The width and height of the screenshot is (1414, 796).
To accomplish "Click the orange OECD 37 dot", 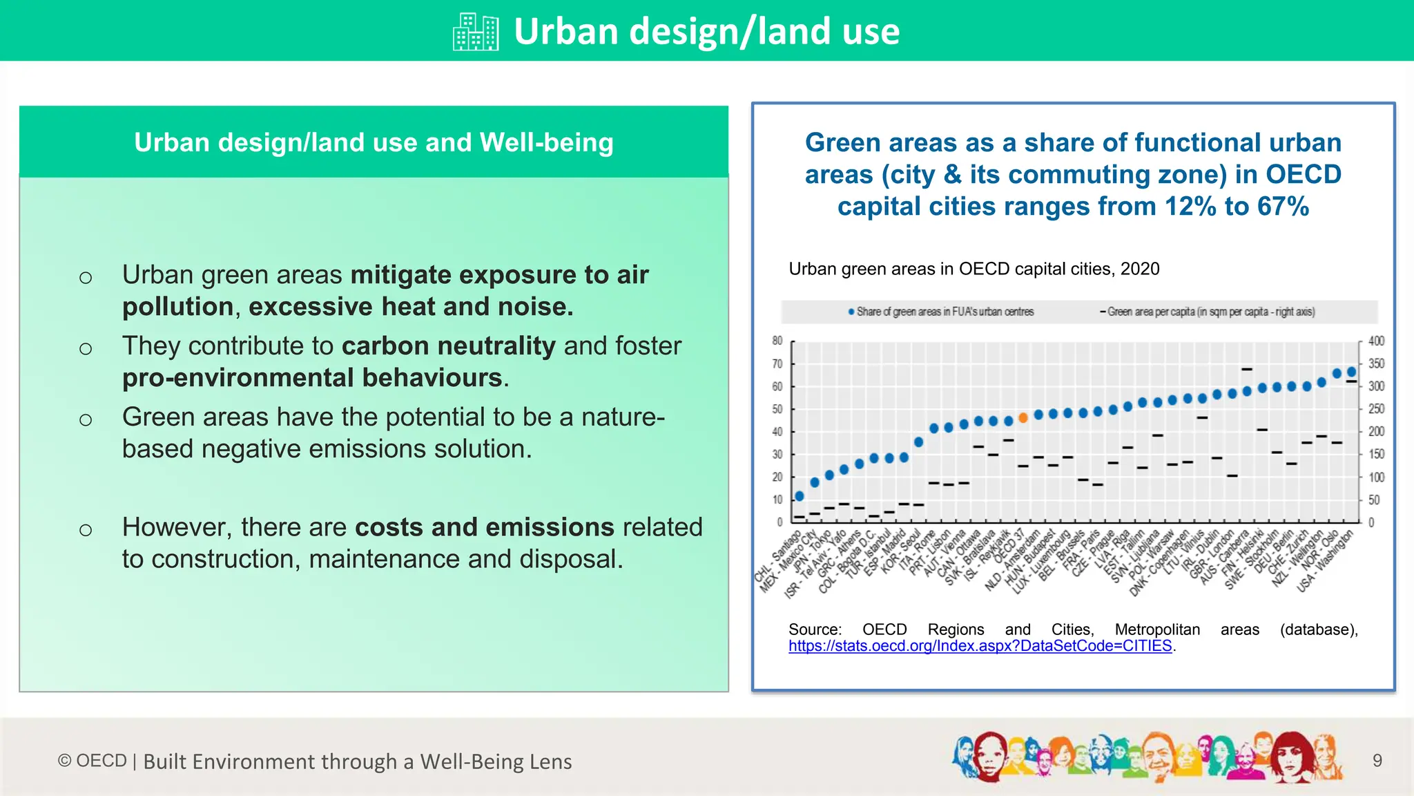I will click(x=1023, y=417).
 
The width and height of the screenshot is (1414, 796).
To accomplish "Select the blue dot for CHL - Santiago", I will click(x=800, y=496).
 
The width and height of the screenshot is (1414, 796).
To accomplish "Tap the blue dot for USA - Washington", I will click(x=1352, y=372).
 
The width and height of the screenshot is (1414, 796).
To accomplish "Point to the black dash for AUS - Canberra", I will click(x=1247, y=369).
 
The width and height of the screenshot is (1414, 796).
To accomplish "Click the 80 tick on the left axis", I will click(x=777, y=341).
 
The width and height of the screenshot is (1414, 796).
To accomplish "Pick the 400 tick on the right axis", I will click(x=1376, y=341).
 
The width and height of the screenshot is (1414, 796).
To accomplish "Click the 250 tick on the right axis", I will click(x=1376, y=409).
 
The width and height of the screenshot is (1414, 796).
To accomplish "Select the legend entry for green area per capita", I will click(x=1208, y=312).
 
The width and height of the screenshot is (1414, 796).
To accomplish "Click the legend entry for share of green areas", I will click(x=942, y=312).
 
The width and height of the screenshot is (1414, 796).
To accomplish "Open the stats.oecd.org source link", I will click(x=980, y=646).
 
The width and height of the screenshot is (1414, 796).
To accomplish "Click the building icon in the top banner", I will click(x=476, y=32).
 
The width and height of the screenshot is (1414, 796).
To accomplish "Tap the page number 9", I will click(x=1377, y=761).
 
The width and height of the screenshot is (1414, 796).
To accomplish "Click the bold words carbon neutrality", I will click(x=448, y=345).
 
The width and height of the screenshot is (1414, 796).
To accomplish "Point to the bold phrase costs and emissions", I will click(x=484, y=527).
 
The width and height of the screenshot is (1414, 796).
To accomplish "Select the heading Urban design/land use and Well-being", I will click(x=374, y=142).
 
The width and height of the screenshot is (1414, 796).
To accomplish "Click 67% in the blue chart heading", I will click(x=1283, y=206).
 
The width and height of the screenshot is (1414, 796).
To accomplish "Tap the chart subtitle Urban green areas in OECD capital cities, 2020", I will click(x=974, y=269).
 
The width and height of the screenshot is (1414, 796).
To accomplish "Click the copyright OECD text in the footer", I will click(x=93, y=761).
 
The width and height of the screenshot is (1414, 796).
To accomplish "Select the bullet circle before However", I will click(x=86, y=531).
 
